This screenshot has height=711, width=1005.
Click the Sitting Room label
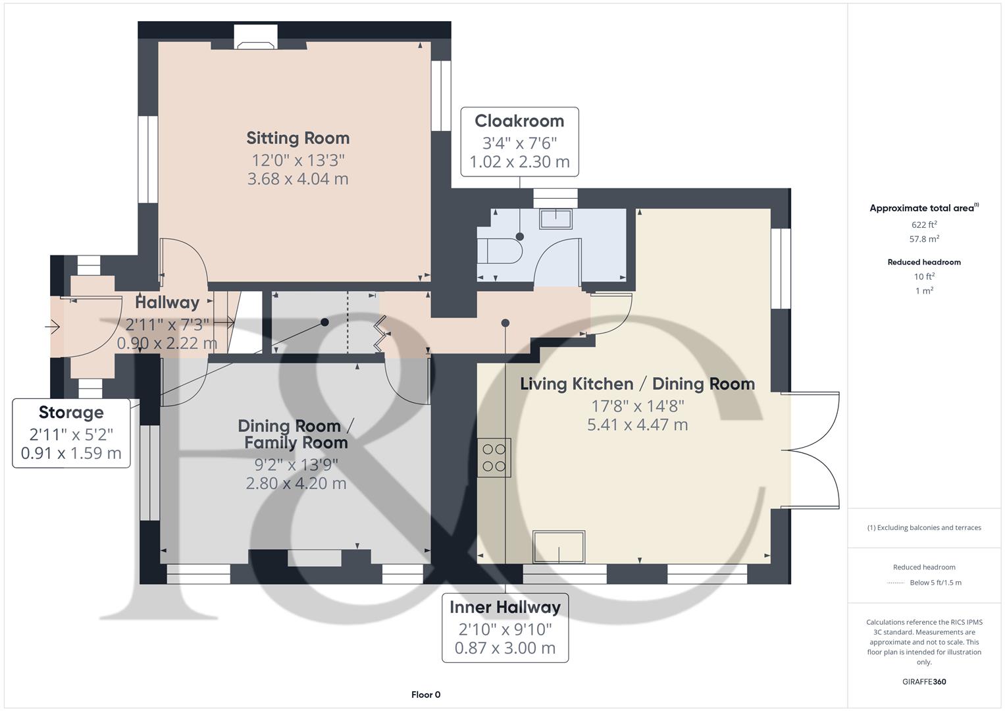coord(297,138)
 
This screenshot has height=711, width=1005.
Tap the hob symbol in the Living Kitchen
coord(494,458)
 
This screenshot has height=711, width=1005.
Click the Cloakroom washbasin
coord(555,218)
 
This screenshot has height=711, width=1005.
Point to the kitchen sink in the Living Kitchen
coord(559,547)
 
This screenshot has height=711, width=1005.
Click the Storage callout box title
coord(71,413)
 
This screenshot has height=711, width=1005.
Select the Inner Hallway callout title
coord(505,607)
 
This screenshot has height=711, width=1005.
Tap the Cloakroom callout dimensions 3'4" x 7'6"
coord(519,143)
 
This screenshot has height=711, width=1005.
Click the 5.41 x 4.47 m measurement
coord(637,425)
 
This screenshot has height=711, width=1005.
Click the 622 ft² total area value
coord(923,224)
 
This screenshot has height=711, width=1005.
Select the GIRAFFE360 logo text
coord(923,681)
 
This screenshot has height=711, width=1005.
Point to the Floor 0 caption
coord(426,695)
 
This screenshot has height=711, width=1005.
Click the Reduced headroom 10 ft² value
coord(923,276)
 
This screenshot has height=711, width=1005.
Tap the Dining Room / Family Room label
coord(296,434)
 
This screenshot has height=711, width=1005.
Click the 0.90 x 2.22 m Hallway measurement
coord(167,343)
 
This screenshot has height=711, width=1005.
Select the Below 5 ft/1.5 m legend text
coord(935,582)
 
